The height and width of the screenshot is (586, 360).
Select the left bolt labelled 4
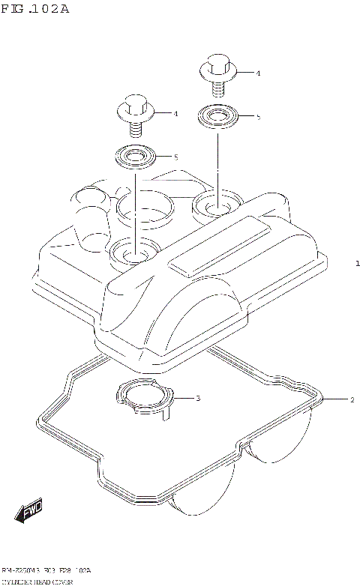coord(135,113)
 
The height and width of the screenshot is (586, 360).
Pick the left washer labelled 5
coord(134,157)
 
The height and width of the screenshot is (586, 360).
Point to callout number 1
coord(358,264)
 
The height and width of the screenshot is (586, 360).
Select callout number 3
coord(197,398)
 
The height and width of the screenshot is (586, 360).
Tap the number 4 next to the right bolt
coord(257,73)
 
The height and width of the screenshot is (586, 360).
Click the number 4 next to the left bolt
coord(175,114)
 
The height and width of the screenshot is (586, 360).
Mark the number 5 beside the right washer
coord(257,117)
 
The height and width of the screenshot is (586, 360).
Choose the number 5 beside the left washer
coord(175,157)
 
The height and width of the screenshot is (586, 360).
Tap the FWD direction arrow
coord(29,511)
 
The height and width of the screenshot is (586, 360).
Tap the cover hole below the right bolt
coord(215,203)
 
